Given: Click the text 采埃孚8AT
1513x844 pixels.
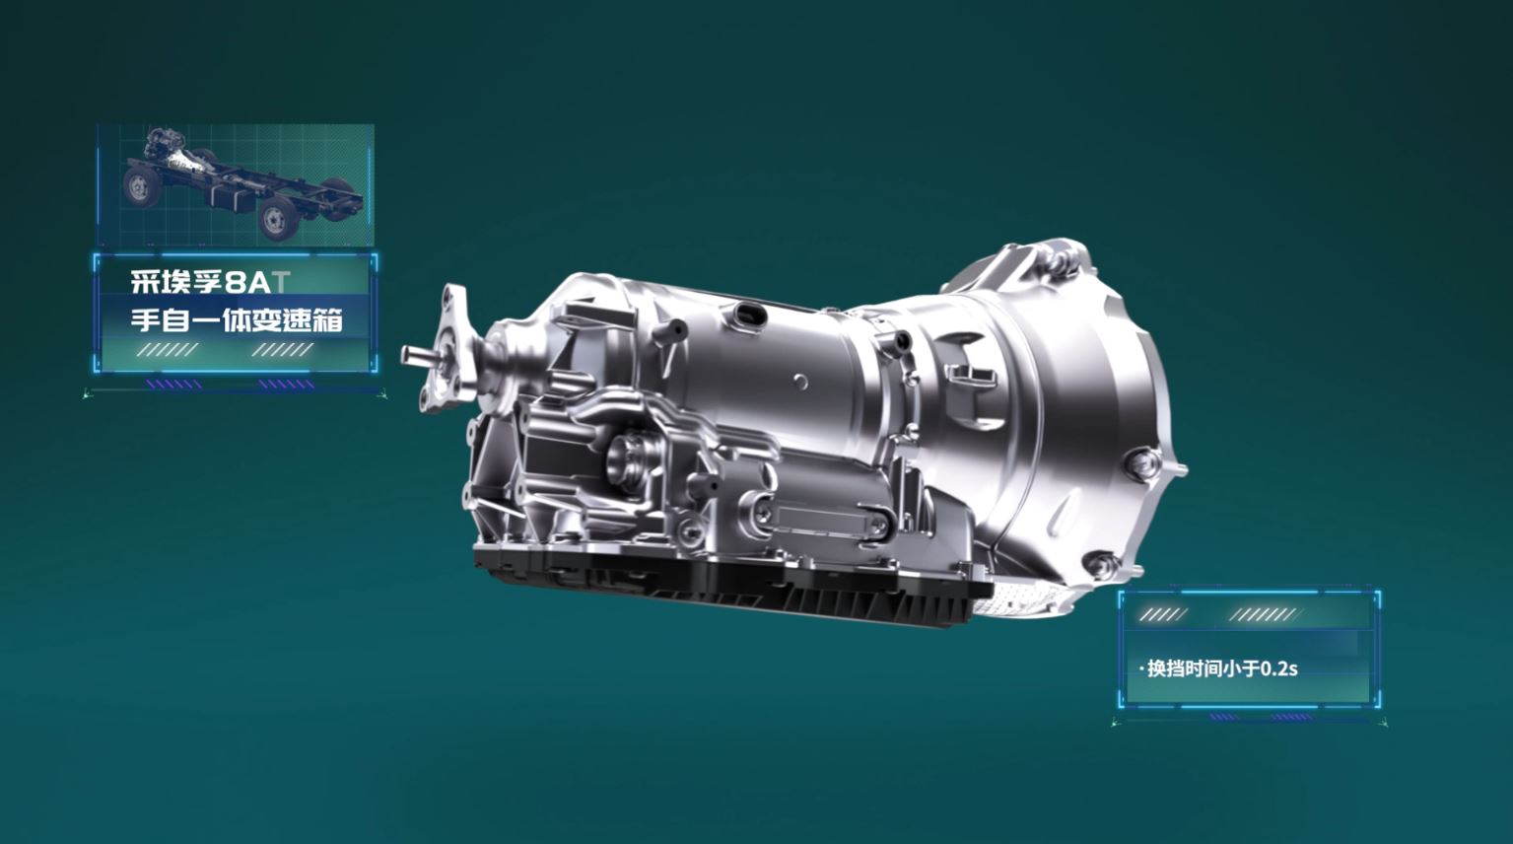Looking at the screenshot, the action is [210, 282].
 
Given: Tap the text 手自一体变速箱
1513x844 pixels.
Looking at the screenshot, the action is [238, 319].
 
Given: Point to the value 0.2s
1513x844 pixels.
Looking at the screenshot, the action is [1279, 668].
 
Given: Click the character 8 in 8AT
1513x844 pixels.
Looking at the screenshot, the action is [236, 282].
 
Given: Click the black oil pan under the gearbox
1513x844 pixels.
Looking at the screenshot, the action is [733, 581].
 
